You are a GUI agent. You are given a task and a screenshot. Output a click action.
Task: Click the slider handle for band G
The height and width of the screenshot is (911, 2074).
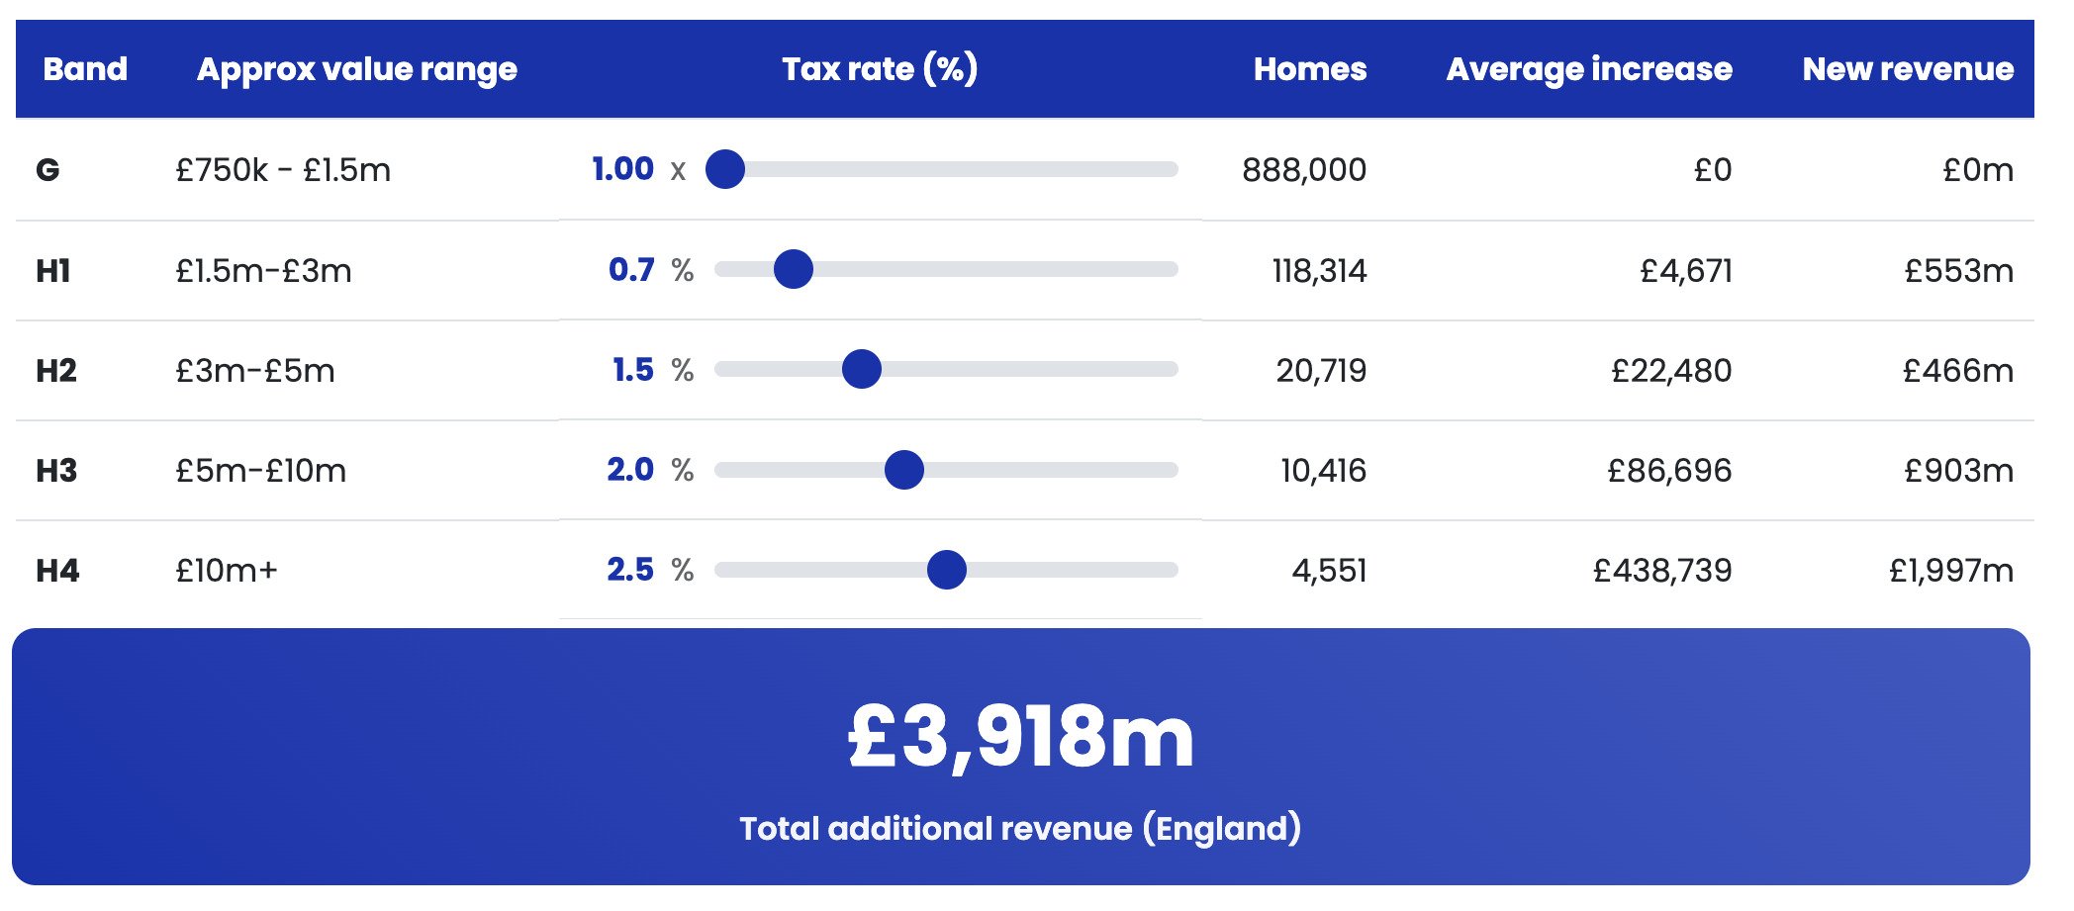coord(724,169)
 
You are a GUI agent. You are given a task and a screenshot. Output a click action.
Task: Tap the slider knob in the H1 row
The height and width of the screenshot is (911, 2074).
coord(793,269)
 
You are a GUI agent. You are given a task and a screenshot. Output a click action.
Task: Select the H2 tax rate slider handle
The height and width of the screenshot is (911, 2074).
coord(861,369)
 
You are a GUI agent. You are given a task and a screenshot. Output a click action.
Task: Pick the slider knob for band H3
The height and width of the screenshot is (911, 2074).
coord(903,470)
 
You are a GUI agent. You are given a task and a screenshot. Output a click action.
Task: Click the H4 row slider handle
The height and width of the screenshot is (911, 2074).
coord(946,570)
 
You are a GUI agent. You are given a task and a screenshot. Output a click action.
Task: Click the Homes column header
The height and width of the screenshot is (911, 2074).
coord(1309,69)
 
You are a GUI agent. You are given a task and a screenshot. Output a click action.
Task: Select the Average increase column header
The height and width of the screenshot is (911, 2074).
coord(1588,69)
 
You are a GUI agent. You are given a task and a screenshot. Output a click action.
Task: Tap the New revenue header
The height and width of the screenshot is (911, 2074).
coord(1907,69)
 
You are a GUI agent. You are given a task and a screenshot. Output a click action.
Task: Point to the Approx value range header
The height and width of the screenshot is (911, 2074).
coord(356,69)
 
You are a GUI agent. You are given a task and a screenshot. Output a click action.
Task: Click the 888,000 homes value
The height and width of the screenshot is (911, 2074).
coord(1303,170)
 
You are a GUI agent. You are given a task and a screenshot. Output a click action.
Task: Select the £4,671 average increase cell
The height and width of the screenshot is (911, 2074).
coord(1685,270)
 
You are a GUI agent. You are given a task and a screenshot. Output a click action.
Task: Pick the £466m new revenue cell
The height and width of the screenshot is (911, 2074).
coord(1957,370)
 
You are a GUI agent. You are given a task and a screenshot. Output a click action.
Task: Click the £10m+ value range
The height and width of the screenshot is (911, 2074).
coord(227,571)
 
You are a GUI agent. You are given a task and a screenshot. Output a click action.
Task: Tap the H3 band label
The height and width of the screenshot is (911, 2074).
coord(56,471)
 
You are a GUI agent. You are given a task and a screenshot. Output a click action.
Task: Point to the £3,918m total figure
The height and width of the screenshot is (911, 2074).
coord(1021,737)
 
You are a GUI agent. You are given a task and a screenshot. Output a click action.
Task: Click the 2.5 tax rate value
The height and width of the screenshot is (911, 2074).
coord(630,570)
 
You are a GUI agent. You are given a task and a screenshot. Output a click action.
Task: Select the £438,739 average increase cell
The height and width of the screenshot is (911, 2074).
coord(1661,571)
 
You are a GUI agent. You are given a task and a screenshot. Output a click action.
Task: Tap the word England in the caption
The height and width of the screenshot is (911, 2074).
coord(1222,828)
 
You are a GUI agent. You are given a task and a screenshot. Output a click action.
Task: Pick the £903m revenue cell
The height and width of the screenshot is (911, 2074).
coord(1958,471)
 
